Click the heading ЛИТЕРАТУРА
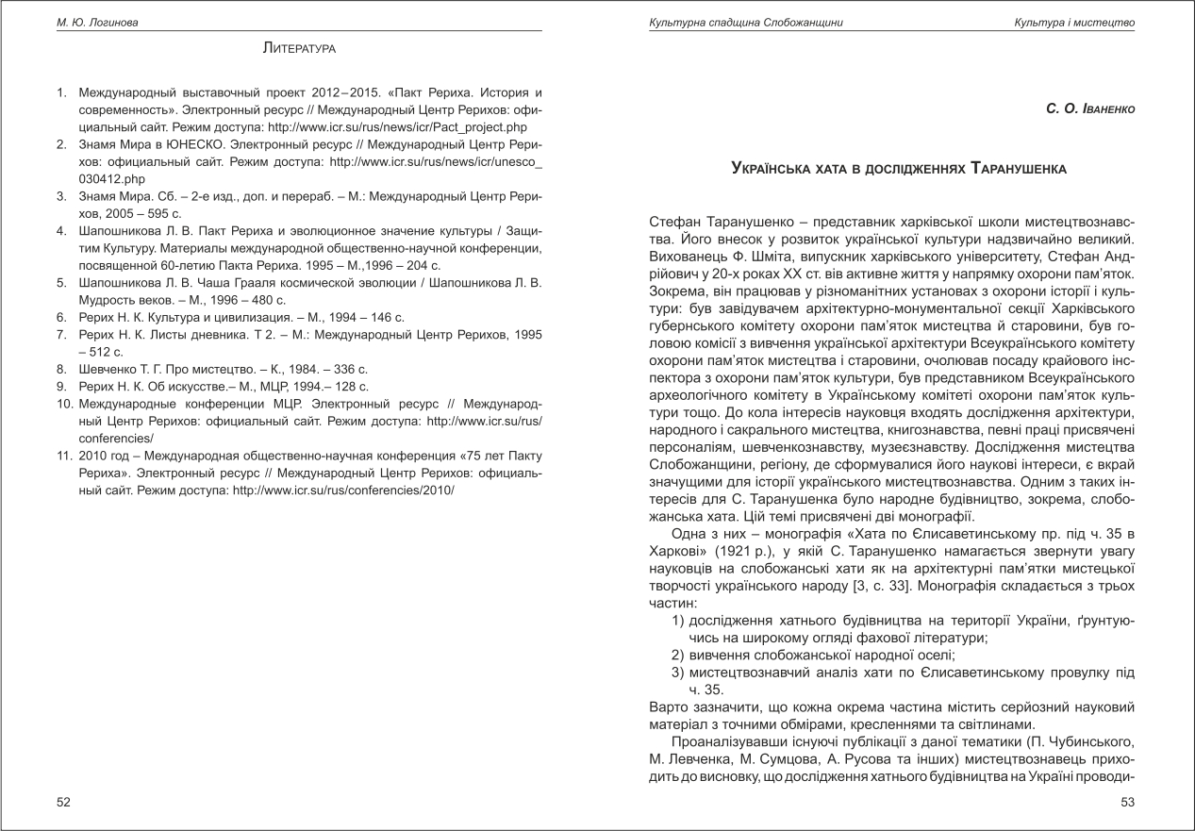pyautogui.click(x=299, y=47)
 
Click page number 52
pyautogui.click(x=63, y=803)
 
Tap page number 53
pyautogui.click(x=1126, y=803)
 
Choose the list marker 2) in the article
pyautogui.click(x=676, y=655)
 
